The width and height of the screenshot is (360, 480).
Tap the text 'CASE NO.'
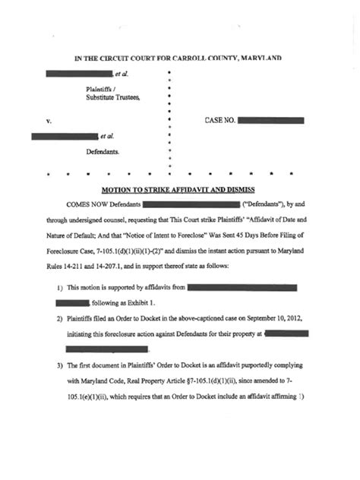click(220, 120)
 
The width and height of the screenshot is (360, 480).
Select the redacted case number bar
click(271, 120)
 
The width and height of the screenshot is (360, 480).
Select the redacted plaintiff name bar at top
click(78, 74)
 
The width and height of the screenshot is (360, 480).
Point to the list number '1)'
click(59, 289)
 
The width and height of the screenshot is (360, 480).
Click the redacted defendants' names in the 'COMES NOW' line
click(191, 205)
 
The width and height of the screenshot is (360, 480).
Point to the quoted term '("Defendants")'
click(266, 205)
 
